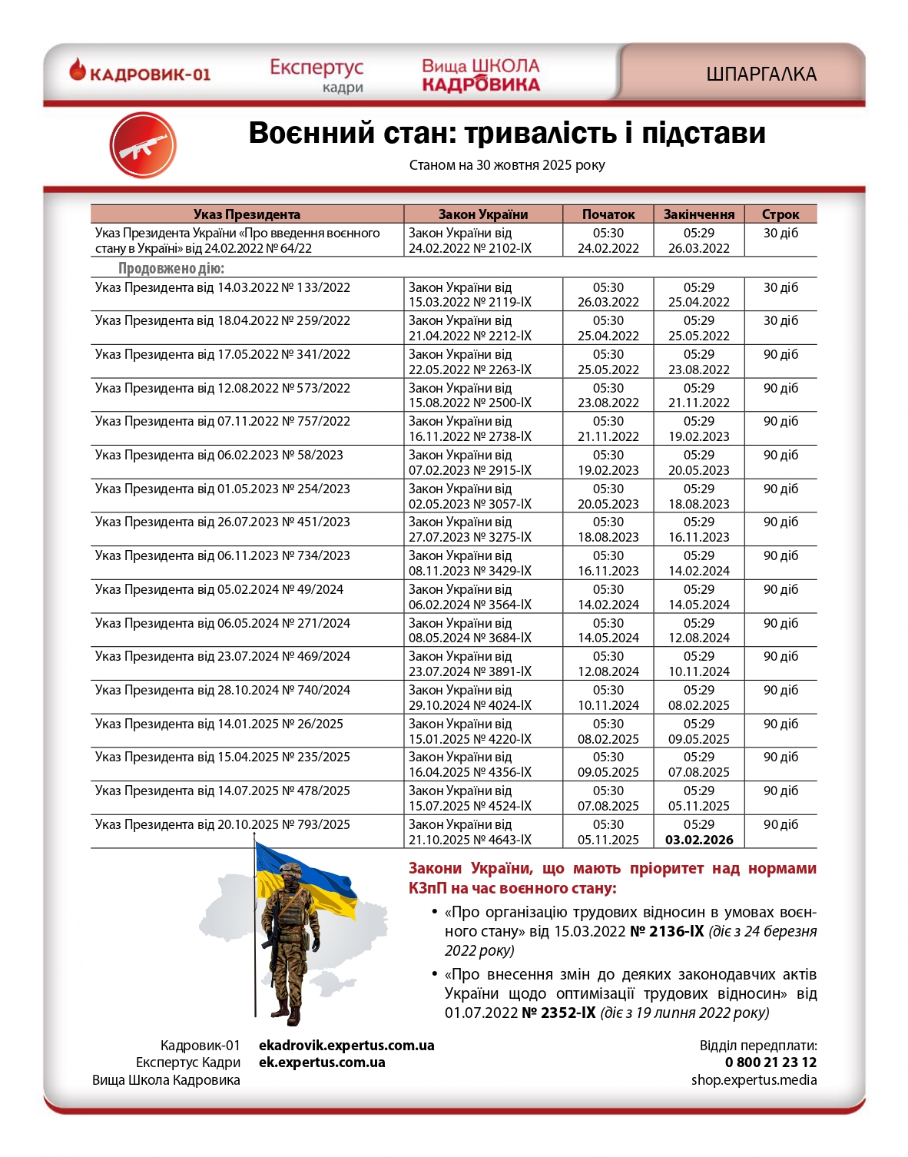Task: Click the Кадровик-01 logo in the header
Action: coord(140,73)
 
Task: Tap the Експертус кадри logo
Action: coord(316,75)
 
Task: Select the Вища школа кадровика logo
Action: coord(481,75)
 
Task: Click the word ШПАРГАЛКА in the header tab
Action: coord(761,75)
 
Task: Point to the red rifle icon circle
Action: coord(143,145)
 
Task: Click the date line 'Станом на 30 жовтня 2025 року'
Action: coord(507,165)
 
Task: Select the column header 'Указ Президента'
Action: coord(247,214)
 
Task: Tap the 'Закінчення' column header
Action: coord(699,214)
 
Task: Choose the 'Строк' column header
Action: coord(780,214)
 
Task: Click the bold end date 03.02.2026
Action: coord(699,840)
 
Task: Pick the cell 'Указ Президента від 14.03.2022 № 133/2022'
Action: coord(223,287)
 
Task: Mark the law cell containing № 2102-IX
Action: coord(470,240)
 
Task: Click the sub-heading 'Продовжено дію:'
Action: coord(171,268)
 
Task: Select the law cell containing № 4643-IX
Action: coord(470,832)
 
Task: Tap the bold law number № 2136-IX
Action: coord(667,931)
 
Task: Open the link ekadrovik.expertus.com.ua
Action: coord(346,1046)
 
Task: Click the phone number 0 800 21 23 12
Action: coord(770,1063)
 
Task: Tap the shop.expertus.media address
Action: coord(754,1080)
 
